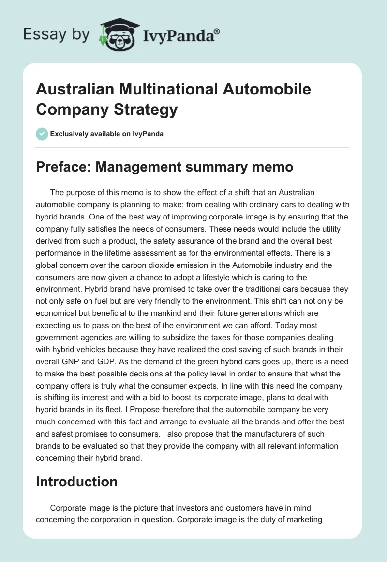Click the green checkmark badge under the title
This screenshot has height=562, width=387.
[42, 134]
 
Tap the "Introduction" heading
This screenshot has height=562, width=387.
[77, 482]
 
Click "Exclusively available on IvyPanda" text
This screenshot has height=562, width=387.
[106, 134]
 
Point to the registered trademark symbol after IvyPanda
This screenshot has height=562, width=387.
[217, 31]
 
